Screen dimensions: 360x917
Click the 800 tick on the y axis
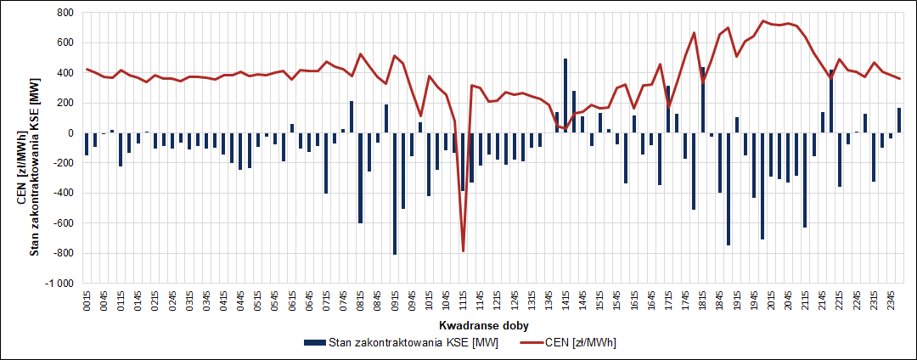(x=65, y=14)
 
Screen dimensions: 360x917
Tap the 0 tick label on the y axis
(x=70, y=133)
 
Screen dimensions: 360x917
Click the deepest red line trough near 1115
(x=464, y=250)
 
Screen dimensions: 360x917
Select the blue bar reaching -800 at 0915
(x=395, y=194)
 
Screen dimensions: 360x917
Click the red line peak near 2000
(x=763, y=21)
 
